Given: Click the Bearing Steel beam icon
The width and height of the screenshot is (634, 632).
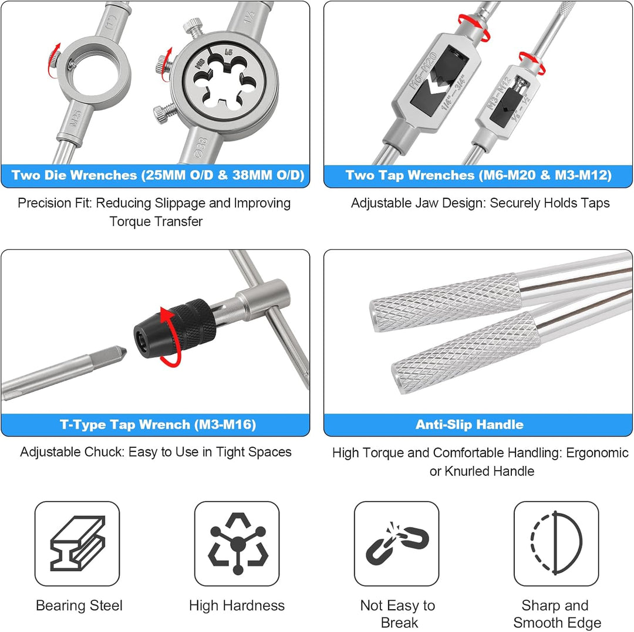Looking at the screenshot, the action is (x=77, y=543).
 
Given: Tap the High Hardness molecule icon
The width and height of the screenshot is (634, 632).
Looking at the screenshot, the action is (x=238, y=544).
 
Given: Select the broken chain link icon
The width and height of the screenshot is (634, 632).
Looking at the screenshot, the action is (x=397, y=543).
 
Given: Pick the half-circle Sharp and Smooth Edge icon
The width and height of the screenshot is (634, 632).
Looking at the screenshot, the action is (x=557, y=543).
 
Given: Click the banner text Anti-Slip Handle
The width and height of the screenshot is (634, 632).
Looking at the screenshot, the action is (x=470, y=424).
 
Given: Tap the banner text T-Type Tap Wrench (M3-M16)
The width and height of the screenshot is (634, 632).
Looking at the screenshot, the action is (x=158, y=424).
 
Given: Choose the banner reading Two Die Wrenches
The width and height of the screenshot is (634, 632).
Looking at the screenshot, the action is (x=158, y=175).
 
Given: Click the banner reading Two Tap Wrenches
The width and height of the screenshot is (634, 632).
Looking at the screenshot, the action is (x=478, y=175).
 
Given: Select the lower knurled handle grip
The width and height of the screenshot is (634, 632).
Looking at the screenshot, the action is (x=465, y=352).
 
